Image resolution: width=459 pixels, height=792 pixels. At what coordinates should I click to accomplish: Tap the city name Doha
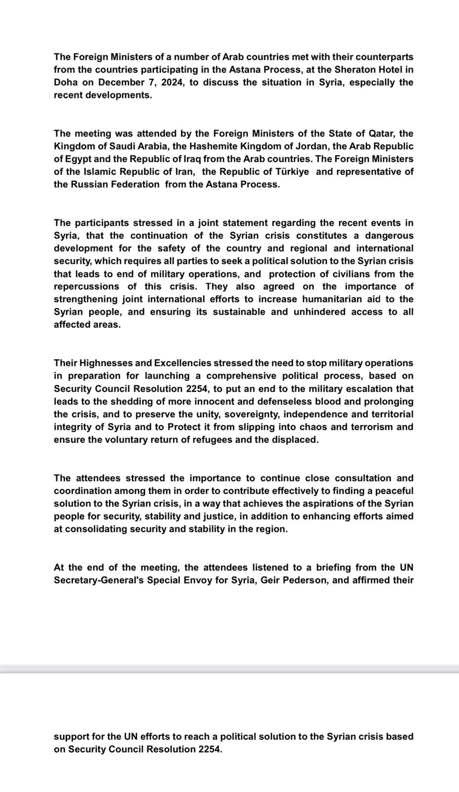point(66,83)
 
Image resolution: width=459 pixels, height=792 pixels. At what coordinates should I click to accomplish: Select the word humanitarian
point(334,299)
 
